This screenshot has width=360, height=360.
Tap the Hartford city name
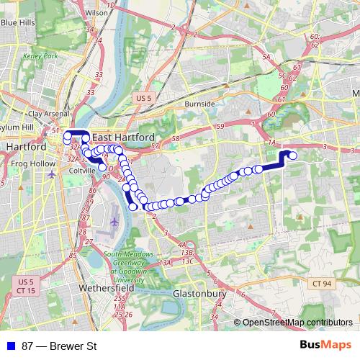coord(26,146)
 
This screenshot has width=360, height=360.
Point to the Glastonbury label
coord(200,294)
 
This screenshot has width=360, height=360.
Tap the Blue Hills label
coord(19,23)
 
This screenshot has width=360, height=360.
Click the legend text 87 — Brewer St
coord(59,346)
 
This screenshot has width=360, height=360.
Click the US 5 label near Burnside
coord(143,97)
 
